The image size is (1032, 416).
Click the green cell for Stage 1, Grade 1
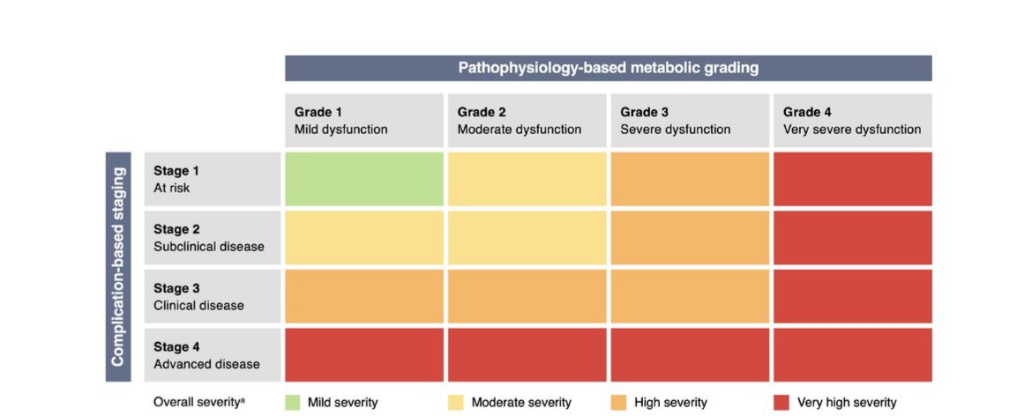pyautogui.click(x=363, y=180)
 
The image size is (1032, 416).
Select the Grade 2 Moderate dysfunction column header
pyautogui.click(x=527, y=121)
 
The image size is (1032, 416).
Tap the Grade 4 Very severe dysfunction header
pyautogui.click(x=852, y=121)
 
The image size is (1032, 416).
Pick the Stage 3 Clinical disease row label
pyautogui.click(x=211, y=297)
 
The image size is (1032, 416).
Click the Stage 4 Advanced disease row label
pyautogui.click(x=211, y=355)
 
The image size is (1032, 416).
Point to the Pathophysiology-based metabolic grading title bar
pyautogui.click(x=608, y=68)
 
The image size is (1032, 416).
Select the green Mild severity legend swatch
pyautogui.click(x=293, y=403)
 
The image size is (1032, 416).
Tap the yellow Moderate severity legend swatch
pyautogui.click(x=456, y=403)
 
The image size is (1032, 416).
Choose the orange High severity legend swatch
pyautogui.click(x=618, y=403)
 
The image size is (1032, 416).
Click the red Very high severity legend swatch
pyautogui.click(x=781, y=403)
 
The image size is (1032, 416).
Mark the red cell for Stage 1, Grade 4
pyautogui.click(x=852, y=180)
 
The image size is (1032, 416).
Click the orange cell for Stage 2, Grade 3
pyautogui.click(x=690, y=238)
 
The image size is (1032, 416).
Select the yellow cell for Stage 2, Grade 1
pyautogui.click(x=363, y=238)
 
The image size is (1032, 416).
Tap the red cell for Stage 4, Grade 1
pyautogui.click(x=363, y=355)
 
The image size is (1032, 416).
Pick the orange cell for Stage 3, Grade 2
pyautogui.click(x=527, y=297)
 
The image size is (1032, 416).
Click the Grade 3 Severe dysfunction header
pyautogui.click(x=690, y=121)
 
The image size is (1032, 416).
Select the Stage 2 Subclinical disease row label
pyautogui.click(x=211, y=238)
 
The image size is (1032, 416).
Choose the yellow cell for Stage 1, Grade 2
pyautogui.click(x=527, y=180)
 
